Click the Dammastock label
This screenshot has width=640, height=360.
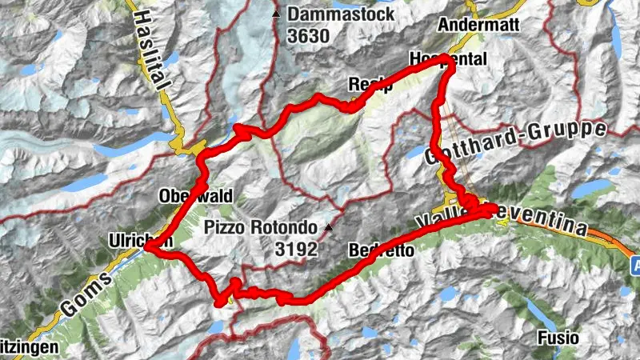337,14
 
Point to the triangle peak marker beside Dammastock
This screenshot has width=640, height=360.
276,14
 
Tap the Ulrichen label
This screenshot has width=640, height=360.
141,239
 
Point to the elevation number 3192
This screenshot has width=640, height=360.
296,250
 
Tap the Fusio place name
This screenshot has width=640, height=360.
558,337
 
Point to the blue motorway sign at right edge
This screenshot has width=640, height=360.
634,264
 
